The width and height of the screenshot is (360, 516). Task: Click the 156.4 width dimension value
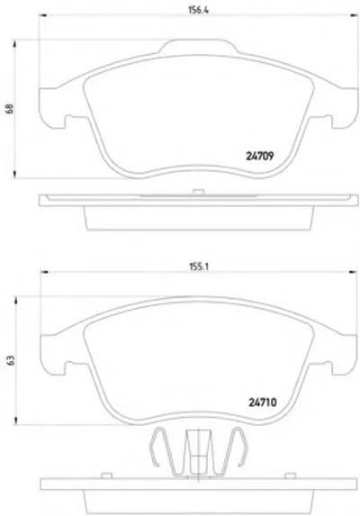199,10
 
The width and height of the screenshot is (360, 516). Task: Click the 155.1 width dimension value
199,267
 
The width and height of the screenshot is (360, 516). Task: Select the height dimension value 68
10,109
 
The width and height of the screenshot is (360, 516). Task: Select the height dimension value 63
11,360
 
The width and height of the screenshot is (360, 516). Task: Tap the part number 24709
260,156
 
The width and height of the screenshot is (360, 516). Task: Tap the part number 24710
263,403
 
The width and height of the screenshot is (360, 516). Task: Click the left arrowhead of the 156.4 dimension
43,15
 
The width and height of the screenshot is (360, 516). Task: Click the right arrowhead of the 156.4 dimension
355,15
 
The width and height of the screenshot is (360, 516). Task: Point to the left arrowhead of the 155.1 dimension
44,272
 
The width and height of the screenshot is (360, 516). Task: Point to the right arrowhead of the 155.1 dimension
353,272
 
